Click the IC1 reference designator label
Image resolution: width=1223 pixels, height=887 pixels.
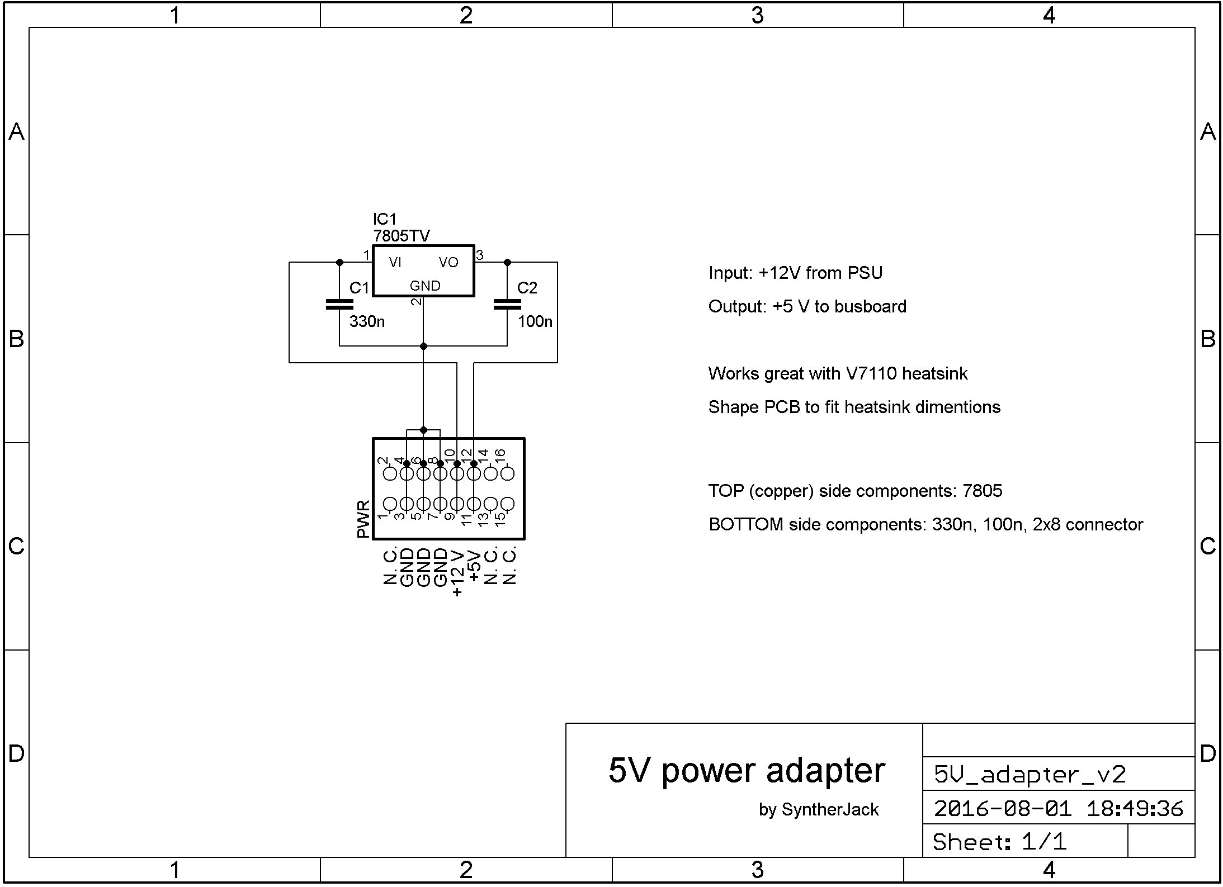[384, 219]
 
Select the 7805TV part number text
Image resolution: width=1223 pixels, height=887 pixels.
[402, 236]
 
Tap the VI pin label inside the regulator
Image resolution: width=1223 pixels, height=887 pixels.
[395, 263]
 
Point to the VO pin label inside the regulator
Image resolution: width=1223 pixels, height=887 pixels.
[448, 263]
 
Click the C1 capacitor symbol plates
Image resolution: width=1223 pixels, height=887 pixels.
[339, 305]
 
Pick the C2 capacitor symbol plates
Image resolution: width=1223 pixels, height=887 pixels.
[507, 305]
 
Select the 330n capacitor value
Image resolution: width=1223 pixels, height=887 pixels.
[367, 322]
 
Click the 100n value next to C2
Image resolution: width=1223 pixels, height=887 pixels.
[535, 322]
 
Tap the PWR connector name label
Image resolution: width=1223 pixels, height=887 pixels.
[363, 519]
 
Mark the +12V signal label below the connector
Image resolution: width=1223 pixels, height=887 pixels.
[457, 573]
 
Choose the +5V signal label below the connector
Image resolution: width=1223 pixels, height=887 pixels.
[474, 566]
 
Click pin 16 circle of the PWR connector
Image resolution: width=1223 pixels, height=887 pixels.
[508, 474]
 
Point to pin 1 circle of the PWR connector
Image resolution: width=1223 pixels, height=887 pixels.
[390, 504]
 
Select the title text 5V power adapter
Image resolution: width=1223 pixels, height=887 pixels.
[747, 771]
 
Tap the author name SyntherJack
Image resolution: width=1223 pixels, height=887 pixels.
[830, 809]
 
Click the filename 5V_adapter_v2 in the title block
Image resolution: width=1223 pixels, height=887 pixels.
[1030, 775]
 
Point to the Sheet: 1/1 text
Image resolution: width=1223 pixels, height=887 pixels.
[1000, 842]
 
